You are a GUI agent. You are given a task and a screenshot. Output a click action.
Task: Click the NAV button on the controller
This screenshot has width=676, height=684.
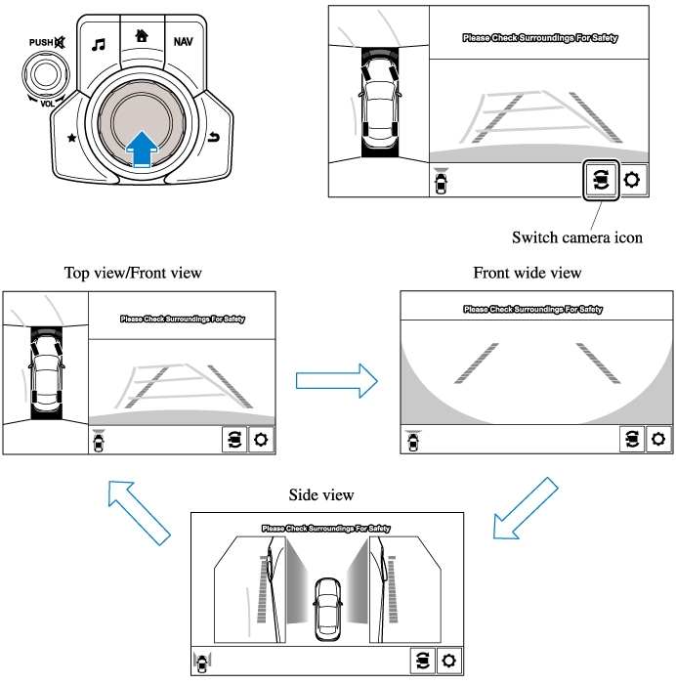point(183,42)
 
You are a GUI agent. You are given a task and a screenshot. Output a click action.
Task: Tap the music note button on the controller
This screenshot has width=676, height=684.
point(98,44)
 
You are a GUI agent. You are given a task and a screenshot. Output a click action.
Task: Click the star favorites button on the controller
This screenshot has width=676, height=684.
point(71,138)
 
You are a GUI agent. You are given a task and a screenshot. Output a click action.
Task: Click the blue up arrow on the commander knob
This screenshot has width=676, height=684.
point(142,147)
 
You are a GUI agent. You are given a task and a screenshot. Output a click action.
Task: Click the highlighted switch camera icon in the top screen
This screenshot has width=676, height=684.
point(601,180)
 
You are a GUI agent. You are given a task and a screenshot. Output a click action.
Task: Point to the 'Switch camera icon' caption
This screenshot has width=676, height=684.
point(577,236)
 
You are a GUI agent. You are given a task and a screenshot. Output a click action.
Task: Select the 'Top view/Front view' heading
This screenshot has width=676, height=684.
point(133,273)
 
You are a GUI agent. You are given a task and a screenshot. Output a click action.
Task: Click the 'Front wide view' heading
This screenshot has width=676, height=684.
point(528,273)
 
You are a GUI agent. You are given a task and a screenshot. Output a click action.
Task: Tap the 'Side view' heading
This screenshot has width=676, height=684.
point(321,495)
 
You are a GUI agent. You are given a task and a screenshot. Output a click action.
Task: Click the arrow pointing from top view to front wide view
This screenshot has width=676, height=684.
point(336,379)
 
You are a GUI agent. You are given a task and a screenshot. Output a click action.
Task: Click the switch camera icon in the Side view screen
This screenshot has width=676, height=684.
point(422,661)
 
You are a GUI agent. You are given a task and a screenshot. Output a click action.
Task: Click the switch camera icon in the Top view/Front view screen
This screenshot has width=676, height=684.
point(234,440)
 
